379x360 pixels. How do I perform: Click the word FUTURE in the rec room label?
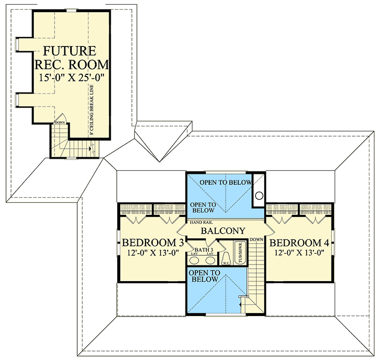click(70, 51)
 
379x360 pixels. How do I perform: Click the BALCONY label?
click(223, 231)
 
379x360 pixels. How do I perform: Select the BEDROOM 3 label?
click(153, 243)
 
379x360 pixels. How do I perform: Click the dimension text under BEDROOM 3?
click(153, 252)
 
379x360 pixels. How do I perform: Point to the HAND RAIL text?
click(200, 222)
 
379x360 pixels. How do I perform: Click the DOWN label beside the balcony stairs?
click(256, 239)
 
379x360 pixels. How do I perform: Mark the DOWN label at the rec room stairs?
click(60, 123)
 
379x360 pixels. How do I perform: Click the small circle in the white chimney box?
click(258, 195)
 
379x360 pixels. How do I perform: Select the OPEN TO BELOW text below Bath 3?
click(204, 276)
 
